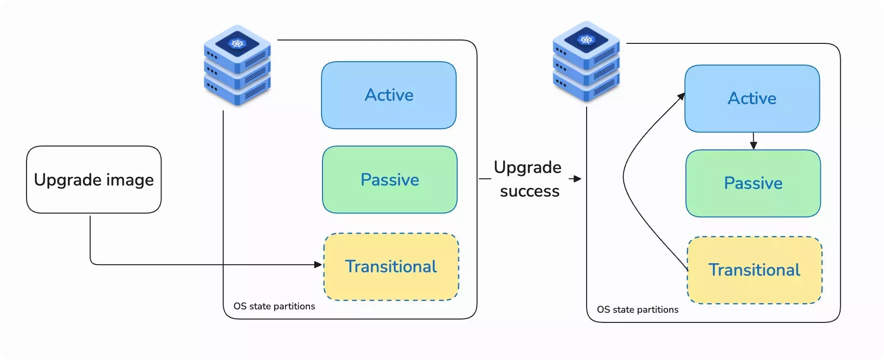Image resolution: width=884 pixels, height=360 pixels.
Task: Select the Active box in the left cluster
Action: click(x=388, y=95)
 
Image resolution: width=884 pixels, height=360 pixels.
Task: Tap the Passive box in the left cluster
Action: click(x=389, y=180)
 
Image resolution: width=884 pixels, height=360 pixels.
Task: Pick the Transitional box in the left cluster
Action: click(x=391, y=267)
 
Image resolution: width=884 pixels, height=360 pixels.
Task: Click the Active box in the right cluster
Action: click(x=752, y=98)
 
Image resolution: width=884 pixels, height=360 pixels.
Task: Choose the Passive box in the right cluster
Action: click(x=753, y=183)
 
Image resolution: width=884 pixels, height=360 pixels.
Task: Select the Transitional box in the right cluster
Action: click(x=754, y=270)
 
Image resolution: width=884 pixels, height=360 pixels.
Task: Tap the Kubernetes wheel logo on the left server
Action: click(x=237, y=44)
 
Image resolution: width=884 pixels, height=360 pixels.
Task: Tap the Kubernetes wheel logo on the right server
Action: click(x=586, y=40)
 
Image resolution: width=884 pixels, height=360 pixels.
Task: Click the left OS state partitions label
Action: click(x=274, y=306)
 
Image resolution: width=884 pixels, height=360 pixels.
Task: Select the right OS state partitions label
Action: click(x=637, y=309)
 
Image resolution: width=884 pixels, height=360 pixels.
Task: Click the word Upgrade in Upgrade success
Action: click(x=527, y=168)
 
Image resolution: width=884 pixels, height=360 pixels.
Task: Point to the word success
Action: click(x=529, y=191)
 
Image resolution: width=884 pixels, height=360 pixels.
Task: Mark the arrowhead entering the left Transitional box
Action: click(x=318, y=265)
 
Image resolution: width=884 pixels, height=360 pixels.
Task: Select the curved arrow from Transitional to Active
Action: click(x=625, y=178)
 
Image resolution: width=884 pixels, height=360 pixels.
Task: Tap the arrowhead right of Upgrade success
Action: click(x=577, y=179)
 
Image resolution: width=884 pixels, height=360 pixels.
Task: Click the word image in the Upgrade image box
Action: click(x=130, y=180)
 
